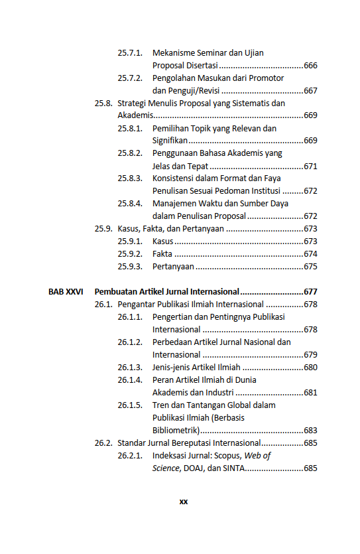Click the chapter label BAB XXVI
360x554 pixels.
click(x=66, y=291)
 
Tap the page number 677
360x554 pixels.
click(x=310, y=291)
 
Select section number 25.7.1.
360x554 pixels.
click(x=130, y=52)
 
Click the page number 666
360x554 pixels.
click(x=310, y=65)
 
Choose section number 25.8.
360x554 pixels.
click(x=103, y=103)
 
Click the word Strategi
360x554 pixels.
click(x=133, y=103)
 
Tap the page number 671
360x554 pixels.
click(x=310, y=166)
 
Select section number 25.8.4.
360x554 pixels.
click(x=130, y=204)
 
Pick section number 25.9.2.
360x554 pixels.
click(x=130, y=254)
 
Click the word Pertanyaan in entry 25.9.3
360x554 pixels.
click(x=173, y=267)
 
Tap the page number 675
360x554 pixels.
click(x=310, y=267)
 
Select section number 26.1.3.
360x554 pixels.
click(x=130, y=367)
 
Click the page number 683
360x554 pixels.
click(x=310, y=430)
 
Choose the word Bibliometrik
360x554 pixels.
click(x=176, y=430)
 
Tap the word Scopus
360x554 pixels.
click(x=227, y=456)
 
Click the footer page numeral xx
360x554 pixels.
click(x=184, y=502)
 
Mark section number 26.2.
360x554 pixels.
click(x=103, y=443)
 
